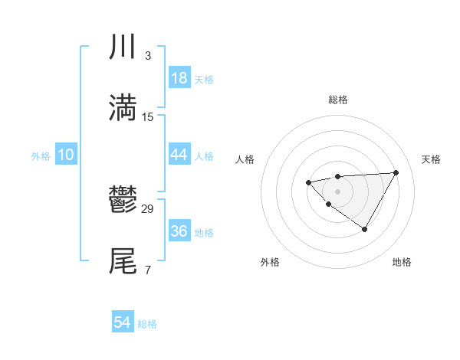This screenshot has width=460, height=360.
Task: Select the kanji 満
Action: click(x=123, y=107)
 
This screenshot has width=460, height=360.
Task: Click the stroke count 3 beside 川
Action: click(x=148, y=56)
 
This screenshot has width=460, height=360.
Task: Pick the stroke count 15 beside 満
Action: click(x=149, y=116)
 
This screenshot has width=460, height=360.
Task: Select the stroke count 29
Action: click(x=149, y=208)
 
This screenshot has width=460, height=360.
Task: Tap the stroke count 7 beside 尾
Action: click(x=148, y=270)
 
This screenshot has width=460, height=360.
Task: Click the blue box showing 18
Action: click(x=179, y=78)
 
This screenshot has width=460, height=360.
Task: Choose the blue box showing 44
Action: click(x=179, y=155)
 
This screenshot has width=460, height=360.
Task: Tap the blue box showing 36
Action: click(x=179, y=231)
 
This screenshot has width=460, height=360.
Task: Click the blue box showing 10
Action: click(x=65, y=155)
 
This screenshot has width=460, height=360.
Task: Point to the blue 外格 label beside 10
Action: click(x=41, y=155)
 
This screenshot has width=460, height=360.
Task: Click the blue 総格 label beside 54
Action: click(x=147, y=324)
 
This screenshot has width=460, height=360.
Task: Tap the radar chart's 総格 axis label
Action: click(x=338, y=100)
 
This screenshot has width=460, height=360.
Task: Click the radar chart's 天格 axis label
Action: click(x=431, y=159)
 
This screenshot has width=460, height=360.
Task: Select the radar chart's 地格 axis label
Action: click(x=402, y=262)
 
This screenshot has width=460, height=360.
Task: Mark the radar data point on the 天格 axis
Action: click(x=396, y=172)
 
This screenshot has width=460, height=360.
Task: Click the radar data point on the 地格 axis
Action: click(x=365, y=229)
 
